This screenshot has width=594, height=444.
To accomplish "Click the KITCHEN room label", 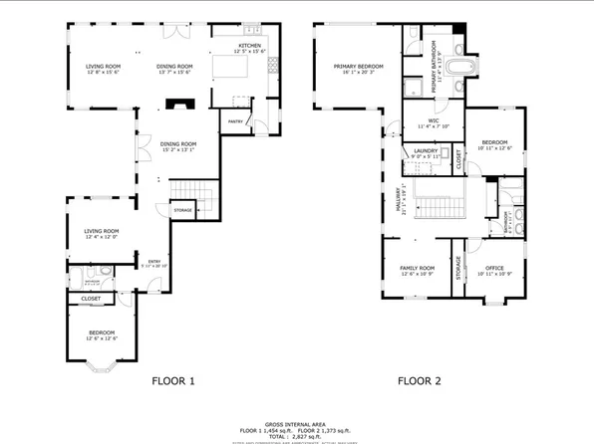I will coord(249,47).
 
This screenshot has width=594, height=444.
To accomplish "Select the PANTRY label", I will coord(236,121).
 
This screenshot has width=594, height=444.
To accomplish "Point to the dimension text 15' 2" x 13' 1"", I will coord(177,150).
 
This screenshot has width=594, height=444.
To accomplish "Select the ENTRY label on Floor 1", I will coord(152,262).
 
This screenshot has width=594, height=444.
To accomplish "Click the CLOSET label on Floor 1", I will coord(91,298).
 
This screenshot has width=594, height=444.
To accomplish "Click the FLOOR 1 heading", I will coord(173,380).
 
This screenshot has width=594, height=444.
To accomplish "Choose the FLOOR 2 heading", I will coord(420,380).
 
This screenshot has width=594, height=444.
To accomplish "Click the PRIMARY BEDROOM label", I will coord(353,66).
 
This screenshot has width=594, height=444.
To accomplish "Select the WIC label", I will coord(435,121).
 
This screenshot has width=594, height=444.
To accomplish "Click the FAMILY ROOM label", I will coord(418,268).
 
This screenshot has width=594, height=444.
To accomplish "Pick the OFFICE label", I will coord(494,268).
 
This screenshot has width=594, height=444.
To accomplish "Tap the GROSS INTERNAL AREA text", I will coord(296,422).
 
